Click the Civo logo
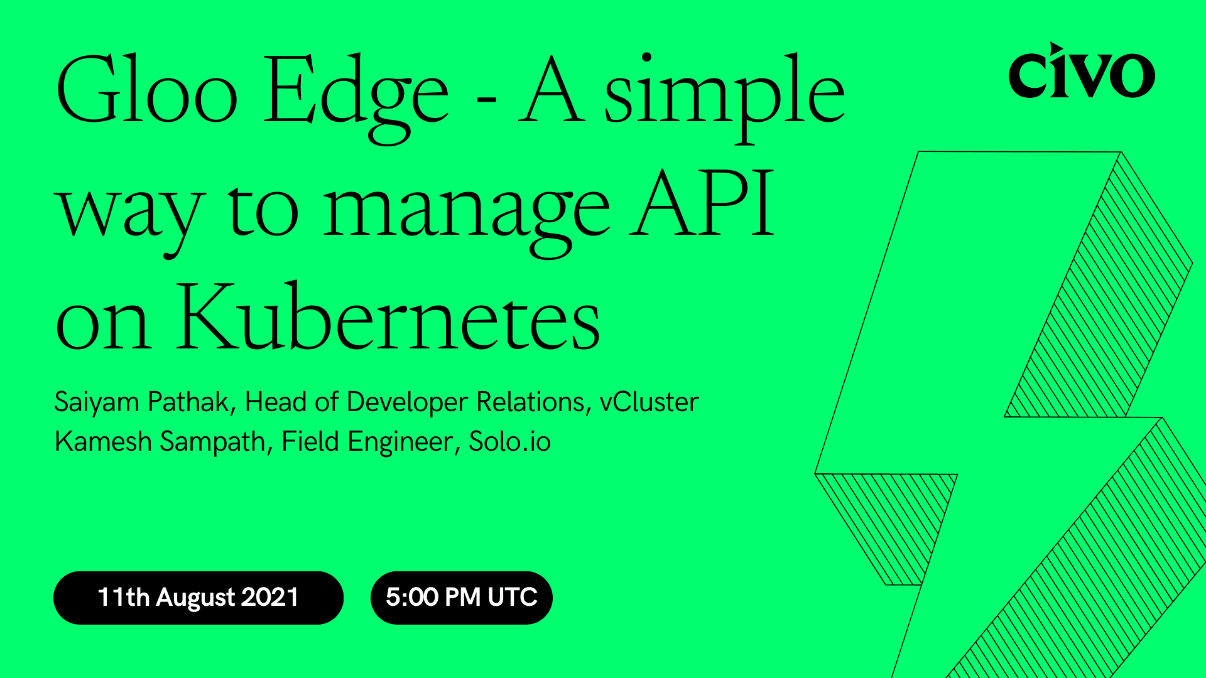pyautogui.click(x=1081, y=72)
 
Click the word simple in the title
pyautogui.click(x=724, y=94)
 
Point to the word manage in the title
pyautogui.click(x=466, y=210)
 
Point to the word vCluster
pyautogui.click(x=649, y=402)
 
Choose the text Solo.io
pyautogui.click(x=509, y=442)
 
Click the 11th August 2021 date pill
pyautogui.click(x=198, y=598)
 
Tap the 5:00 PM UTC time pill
pyautogui.click(x=461, y=598)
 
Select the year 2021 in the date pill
pyautogui.click(x=269, y=598)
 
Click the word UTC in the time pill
pyautogui.click(x=513, y=598)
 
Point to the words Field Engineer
pyautogui.click(x=367, y=442)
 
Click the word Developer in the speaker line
pyautogui.click(x=408, y=402)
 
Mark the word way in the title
pyautogui.click(x=131, y=213)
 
